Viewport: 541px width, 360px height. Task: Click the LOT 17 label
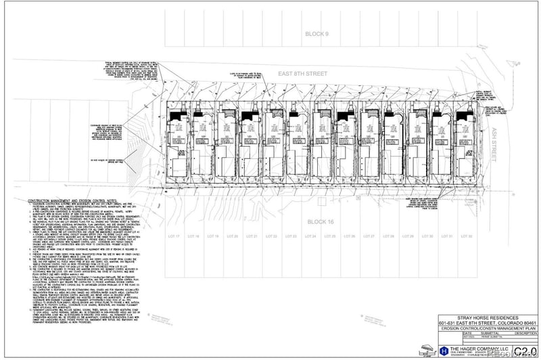tap(173, 236)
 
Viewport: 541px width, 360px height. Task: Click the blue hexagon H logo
tap(444, 350)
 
